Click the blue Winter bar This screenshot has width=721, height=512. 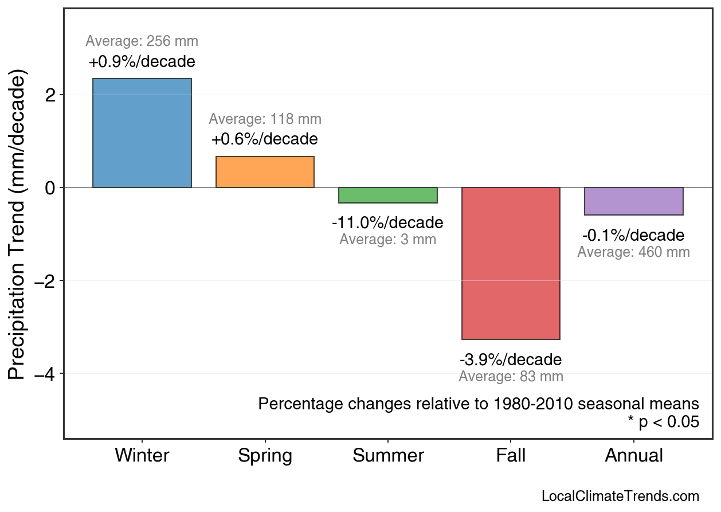142,133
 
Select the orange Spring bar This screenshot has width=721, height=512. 265,172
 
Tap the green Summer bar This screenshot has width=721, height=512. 388,195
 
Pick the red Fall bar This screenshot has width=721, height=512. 511,263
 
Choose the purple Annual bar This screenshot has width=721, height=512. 634,201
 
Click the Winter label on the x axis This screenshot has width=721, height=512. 142,456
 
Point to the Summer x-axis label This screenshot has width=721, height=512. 388,456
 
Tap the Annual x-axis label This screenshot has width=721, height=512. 634,456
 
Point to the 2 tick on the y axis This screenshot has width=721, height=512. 50,95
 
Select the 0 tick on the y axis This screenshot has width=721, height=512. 50,187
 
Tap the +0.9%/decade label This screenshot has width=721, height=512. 142,61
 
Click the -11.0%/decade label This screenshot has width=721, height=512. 387,222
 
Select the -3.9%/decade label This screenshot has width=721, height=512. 511,360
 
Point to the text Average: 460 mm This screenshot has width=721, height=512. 633,252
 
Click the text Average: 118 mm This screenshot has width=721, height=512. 265,119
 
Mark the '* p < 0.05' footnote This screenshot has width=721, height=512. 663,423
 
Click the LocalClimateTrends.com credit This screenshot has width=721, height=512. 620,497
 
